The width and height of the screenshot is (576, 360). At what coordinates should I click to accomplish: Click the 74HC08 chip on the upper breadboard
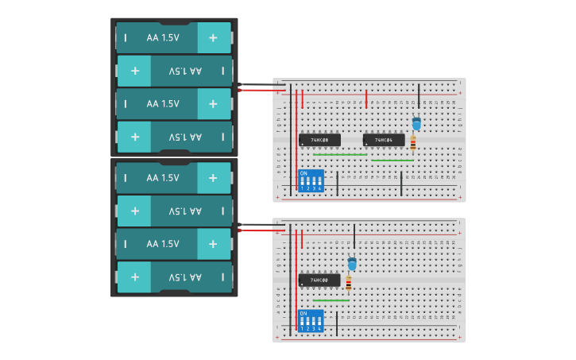click(x=319, y=140)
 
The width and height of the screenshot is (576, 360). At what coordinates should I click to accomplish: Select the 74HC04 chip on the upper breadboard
click(x=384, y=140)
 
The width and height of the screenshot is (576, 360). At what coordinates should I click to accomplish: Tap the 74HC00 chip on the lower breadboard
click(x=319, y=280)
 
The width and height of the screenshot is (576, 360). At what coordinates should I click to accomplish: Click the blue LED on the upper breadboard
click(x=416, y=123)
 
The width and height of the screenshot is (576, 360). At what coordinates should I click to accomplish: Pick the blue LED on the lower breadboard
click(x=352, y=263)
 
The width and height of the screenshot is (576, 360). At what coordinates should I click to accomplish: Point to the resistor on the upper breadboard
click(x=413, y=143)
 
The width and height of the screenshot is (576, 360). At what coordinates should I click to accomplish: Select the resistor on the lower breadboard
click(x=349, y=283)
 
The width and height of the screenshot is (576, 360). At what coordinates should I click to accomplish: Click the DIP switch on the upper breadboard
click(x=310, y=181)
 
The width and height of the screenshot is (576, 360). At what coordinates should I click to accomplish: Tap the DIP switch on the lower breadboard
click(x=310, y=321)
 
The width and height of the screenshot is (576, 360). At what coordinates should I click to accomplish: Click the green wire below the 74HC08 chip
click(x=340, y=154)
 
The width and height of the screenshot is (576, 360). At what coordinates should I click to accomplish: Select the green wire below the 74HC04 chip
click(x=392, y=161)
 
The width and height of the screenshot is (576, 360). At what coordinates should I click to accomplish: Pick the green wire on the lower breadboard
click(x=331, y=300)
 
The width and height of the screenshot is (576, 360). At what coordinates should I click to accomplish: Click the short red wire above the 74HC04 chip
click(x=366, y=99)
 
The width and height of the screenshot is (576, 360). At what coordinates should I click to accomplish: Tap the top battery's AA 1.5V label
click(x=163, y=37)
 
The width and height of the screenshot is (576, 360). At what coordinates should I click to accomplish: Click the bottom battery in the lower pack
click(x=174, y=277)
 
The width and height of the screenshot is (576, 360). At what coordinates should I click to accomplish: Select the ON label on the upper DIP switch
click(x=303, y=173)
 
